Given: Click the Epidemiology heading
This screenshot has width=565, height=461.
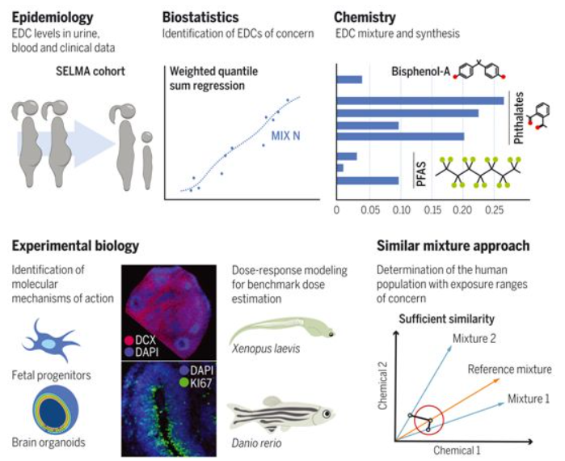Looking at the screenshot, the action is [x=53, y=17].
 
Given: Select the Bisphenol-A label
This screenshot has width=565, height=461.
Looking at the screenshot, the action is [x=420, y=71].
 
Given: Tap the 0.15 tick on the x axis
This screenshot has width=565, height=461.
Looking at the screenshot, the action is [x=432, y=209].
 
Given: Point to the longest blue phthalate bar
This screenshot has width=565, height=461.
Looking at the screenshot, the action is [x=420, y=100].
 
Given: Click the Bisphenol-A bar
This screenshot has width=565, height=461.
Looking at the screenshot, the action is [x=349, y=79].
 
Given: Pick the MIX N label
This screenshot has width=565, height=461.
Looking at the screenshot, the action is [x=285, y=136].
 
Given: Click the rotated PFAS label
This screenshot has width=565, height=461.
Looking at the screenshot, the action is [x=421, y=175].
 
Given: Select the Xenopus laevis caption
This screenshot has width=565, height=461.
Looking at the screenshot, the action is [x=266, y=349].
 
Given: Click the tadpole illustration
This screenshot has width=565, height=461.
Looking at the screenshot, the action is [x=283, y=330].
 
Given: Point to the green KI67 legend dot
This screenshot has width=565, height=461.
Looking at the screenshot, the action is [x=184, y=383].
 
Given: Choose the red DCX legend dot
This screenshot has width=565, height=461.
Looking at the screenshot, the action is [x=129, y=340].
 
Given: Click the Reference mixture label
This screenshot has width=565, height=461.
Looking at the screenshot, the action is [x=509, y=369].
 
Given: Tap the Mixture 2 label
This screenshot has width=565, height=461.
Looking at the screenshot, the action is [x=474, y=338].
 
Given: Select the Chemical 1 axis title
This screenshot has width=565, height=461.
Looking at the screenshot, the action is [x=457, y=450].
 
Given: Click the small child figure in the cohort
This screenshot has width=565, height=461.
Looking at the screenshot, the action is [x=147, y=159].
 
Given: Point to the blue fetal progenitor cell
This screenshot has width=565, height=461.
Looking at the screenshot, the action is [x=49, y=340].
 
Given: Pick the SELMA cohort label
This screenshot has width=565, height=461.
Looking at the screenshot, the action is [x=90, y=71].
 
